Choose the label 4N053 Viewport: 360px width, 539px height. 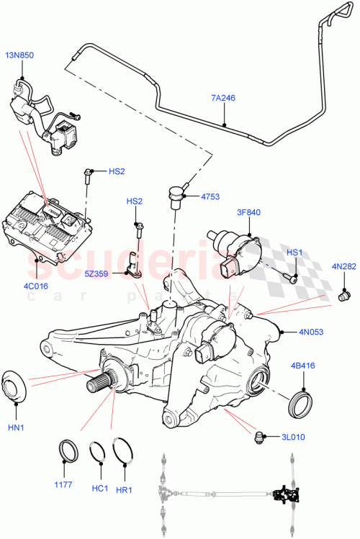click(312, 332)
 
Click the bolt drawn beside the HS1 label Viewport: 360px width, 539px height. click(290, 276)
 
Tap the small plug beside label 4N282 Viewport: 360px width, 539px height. click(344, 295)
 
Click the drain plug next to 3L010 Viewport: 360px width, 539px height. click(261, 435)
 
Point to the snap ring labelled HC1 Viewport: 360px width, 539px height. click(97, 451)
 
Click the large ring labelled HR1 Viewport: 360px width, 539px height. click(125, 451)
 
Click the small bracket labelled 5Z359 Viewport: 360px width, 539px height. click(133, 265)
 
